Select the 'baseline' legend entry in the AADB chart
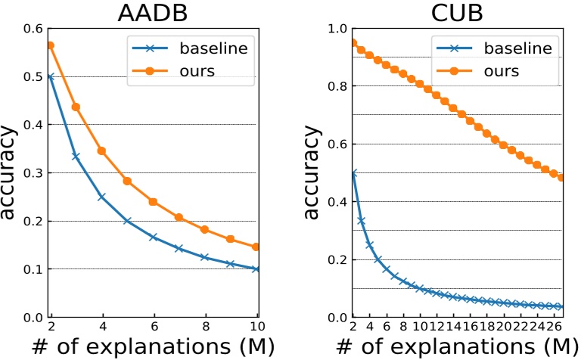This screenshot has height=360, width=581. click(x=213, y=48)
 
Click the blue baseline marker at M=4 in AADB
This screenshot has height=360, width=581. click(x=101, y=197)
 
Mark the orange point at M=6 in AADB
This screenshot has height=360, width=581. click(x=153, y=202)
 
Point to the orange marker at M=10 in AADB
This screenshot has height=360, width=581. click(x=256, y=247)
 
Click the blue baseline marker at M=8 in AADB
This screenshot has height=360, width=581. click(x=204, y=257)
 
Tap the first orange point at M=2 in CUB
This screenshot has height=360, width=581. click(x=353, y=42)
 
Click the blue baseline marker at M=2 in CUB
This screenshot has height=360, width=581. click(x=353, y=173)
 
